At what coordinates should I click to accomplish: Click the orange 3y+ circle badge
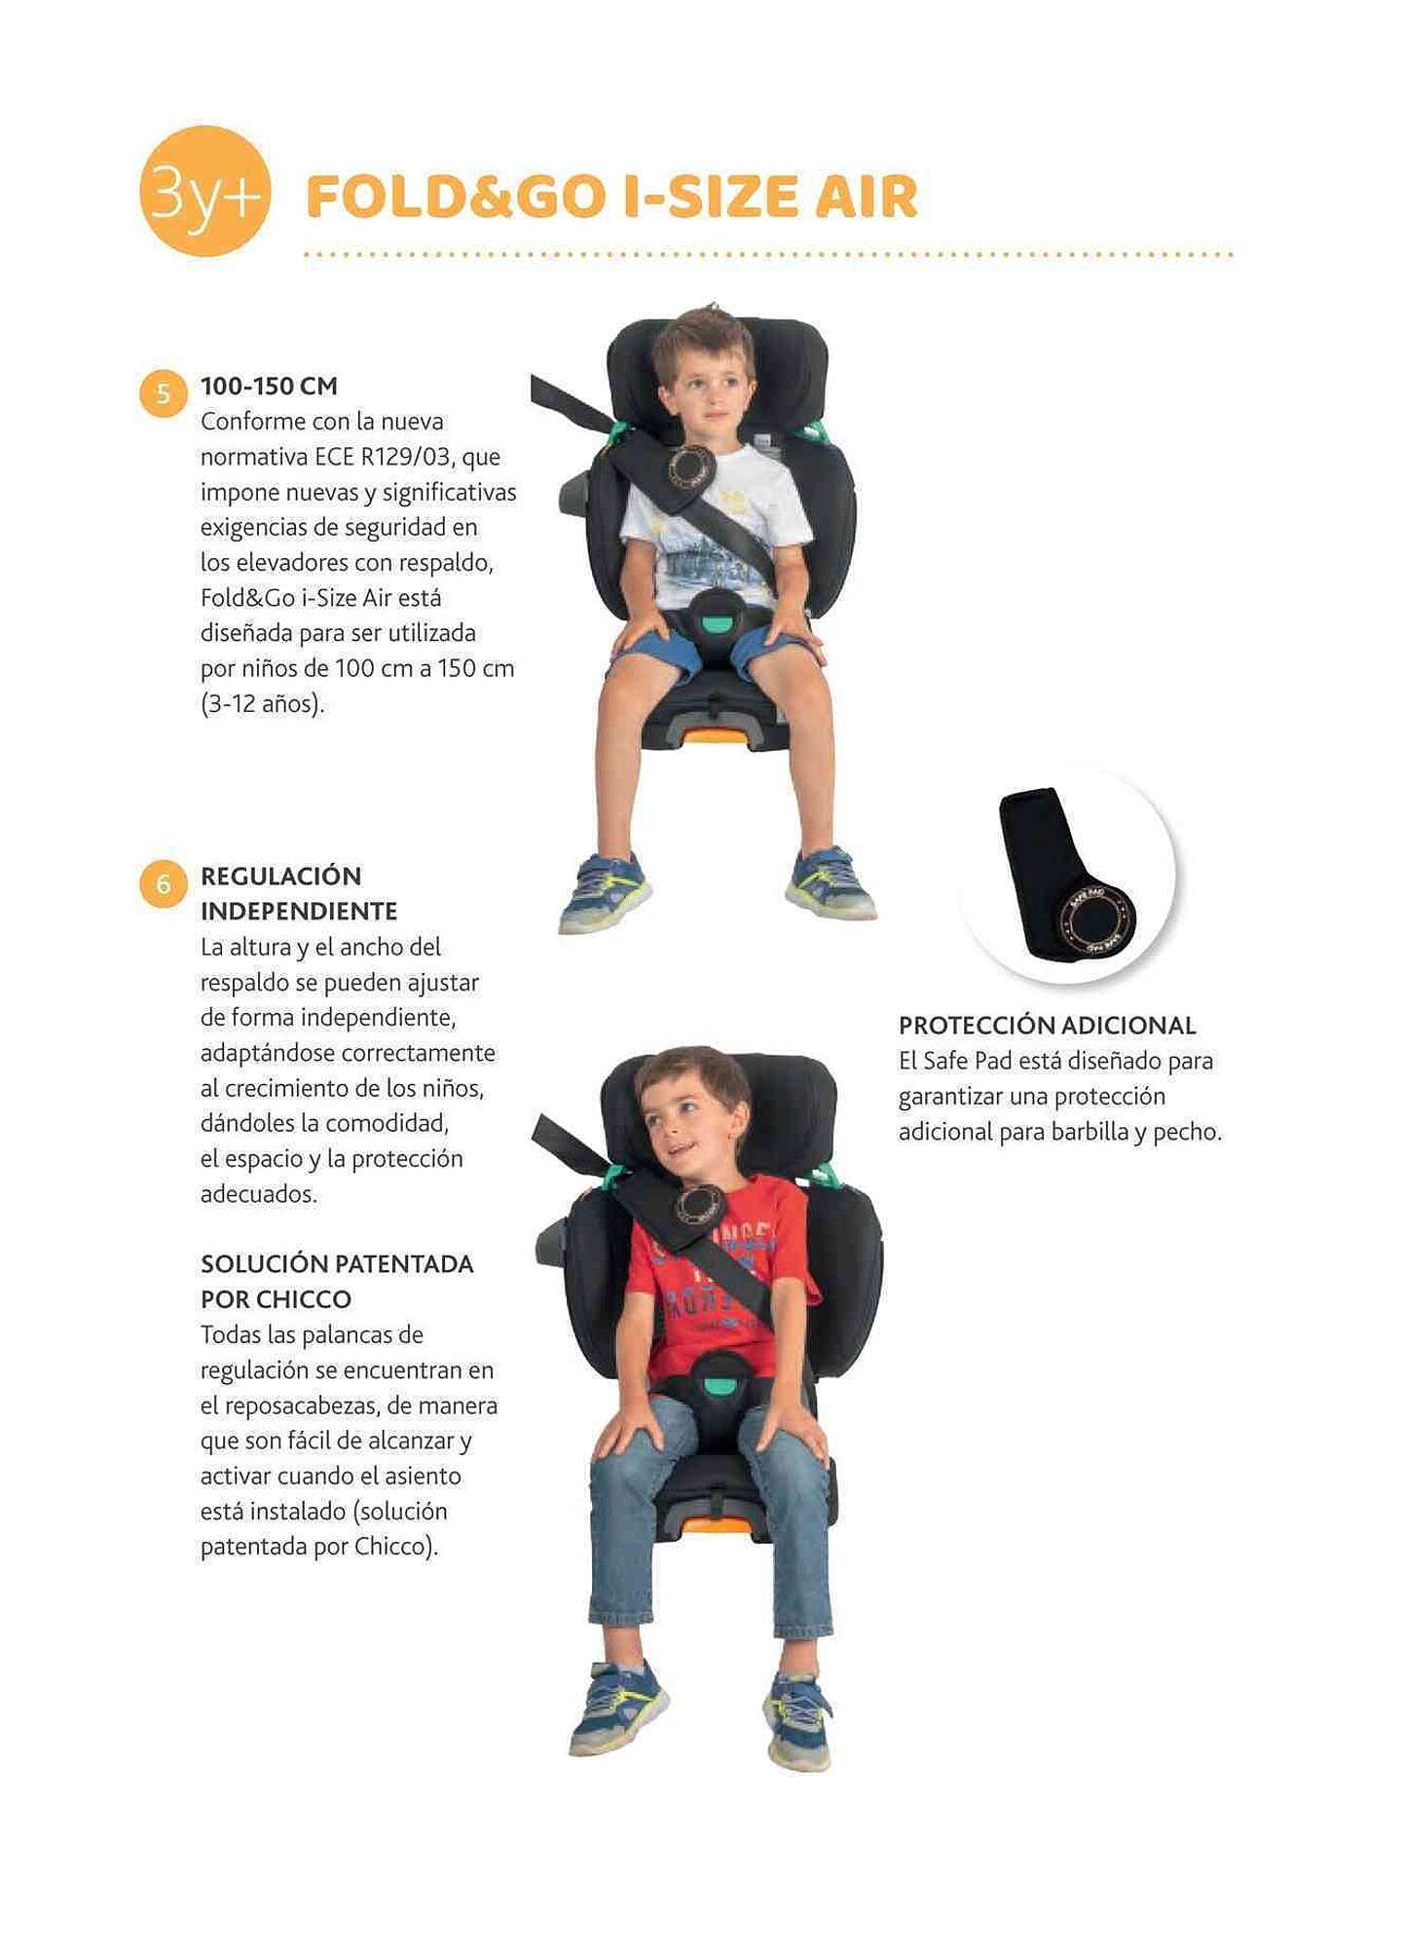coord(204,192)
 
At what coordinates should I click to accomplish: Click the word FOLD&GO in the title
coord(456,197)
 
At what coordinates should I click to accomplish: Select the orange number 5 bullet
coord(164,393)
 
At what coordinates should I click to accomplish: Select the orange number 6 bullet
coord(164,883)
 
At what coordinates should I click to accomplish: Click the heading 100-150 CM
coord(269,386)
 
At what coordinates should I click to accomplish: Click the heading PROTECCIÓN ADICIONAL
coord(1047,1025)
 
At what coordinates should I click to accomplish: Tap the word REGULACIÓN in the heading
coord(280,876)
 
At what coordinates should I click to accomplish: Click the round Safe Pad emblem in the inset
coord(1095,918)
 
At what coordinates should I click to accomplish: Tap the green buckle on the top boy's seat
coord(719,619)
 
